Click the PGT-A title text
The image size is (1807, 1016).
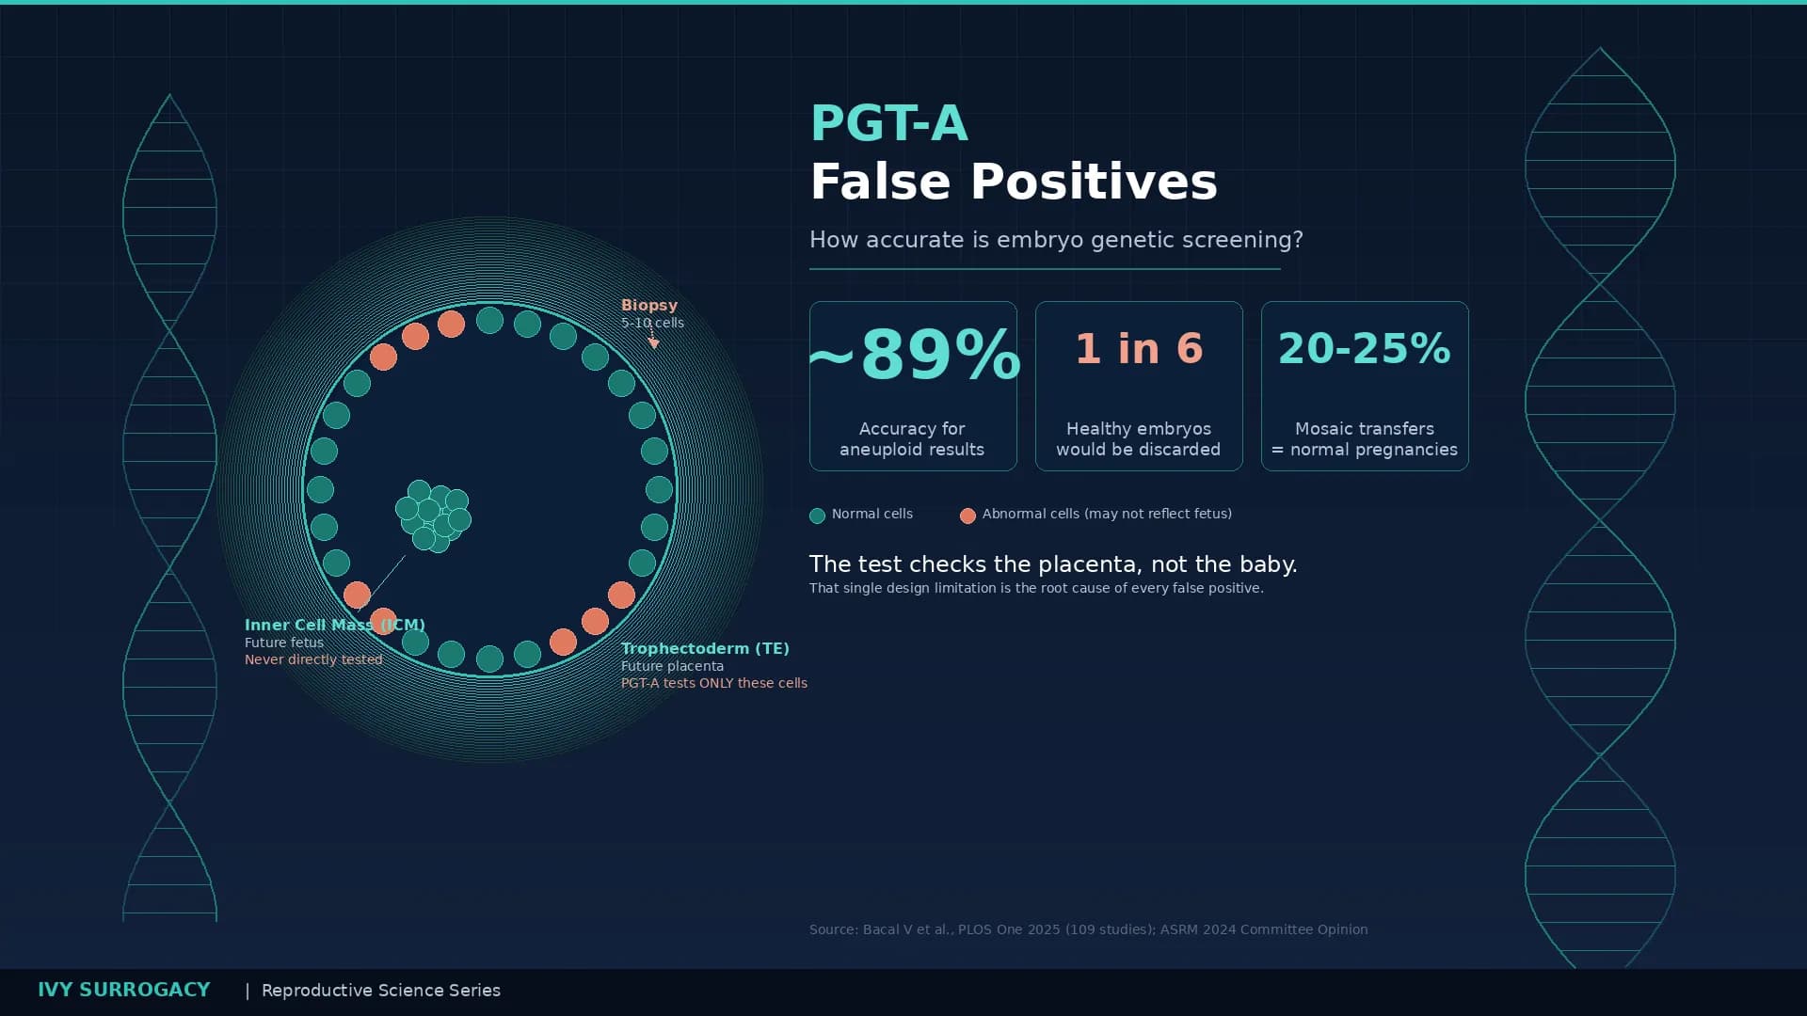pyautogui.click(x=888, y=123)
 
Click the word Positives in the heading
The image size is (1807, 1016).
pyautogui.click(x=1094, y=182)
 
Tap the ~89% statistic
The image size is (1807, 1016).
pyautogui.click(x=913, y=355)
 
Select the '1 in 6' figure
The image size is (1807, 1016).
pyautogui.click(x=1139, y=349)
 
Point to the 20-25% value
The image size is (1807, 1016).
pyautogui.click(x=1364, y=349)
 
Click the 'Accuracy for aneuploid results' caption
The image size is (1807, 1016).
pyautogui.click(x=912, y=439)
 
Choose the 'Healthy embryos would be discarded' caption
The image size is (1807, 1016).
pyautogui.click(x=1138, y=439)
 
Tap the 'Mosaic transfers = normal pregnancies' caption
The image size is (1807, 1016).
pyautogui.click(x=1364, y=439)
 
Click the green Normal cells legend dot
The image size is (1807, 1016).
pyautogui.click(x=817, y=516)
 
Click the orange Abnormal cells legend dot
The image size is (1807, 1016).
pyautogui.click(x=967, y=516)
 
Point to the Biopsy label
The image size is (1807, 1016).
pyautogui.click(x=648, y=306)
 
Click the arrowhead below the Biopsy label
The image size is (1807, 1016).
pyautogui.click(x=653, y=344)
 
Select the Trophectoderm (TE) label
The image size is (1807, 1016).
pyautogui.click(x=705, y=648)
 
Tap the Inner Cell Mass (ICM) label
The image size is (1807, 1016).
pyautogui.click(x=334, y=625)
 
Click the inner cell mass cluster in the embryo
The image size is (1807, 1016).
pyautogui.click(x=434, y=516)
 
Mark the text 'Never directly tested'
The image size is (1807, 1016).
pyautogui.click(x=313, y=659)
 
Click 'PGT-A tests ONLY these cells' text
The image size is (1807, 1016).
pyautogui.click(x=713, y=683)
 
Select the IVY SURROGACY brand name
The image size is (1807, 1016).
pyautogui.click(x=123, y=990)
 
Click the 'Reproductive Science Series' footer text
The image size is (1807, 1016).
pyautogui.click(x=380, y=991)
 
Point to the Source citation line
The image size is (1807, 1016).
pyautogui.click(x=1088, y=929)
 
